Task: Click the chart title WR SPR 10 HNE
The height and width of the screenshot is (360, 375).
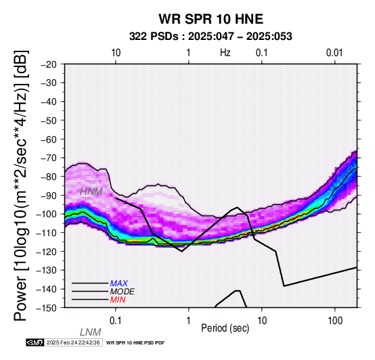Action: pos(211,19)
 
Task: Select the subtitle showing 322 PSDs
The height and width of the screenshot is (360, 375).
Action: pos(211,37)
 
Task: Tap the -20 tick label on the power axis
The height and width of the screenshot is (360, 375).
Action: pos(49,64)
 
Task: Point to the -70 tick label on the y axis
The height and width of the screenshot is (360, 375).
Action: pos(49,158)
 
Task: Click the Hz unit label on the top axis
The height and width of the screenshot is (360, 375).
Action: pos(225,53)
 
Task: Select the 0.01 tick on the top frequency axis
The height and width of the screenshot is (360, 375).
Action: pos(334,53)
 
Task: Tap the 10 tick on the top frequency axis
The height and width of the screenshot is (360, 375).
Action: pos(116,53)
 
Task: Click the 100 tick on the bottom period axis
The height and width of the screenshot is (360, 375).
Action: pos(335,321)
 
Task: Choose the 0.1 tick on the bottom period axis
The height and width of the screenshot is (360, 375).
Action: pos(116,321)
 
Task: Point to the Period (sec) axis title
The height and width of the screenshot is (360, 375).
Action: pos(225,328)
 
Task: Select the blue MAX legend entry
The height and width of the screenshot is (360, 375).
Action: pos(119,284)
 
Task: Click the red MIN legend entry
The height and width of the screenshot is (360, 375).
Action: pos(118,300)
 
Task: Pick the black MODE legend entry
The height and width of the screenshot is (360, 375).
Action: pos(123,292)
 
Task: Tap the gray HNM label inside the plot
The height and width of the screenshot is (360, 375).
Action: pos(91,192)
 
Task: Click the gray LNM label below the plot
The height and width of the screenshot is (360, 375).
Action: pos(91,332)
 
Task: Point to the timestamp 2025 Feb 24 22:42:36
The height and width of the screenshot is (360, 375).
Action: pos(73,342)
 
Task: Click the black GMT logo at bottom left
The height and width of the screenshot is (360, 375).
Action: pos(35,342)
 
